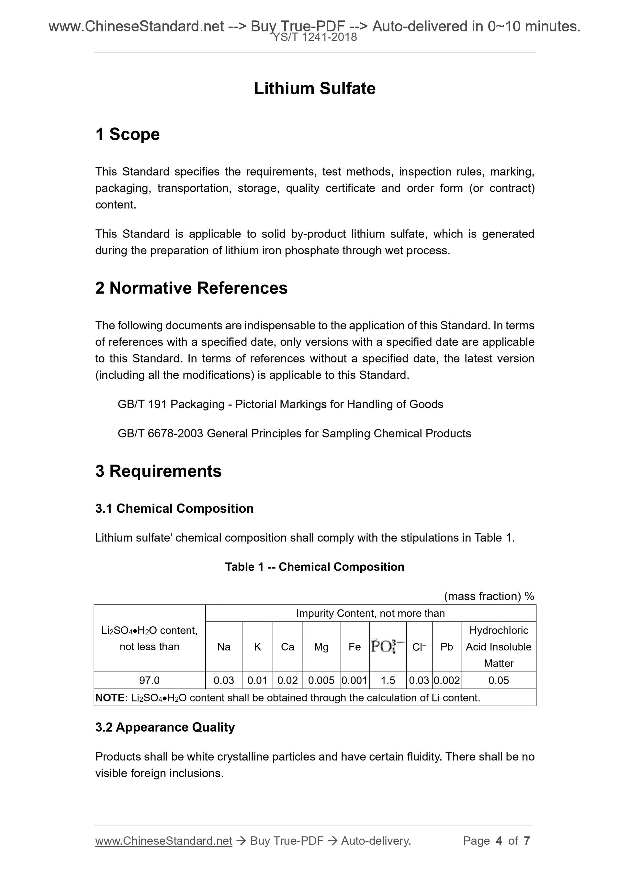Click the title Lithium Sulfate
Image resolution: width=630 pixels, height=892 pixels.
[314, 88]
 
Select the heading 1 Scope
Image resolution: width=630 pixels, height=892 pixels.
[127, 134]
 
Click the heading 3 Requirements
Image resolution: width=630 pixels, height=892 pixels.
[158, 471]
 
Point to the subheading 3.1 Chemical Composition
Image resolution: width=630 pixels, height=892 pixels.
[174, 509]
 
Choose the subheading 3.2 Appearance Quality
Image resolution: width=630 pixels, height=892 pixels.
[165, 727]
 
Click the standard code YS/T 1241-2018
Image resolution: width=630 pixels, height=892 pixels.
[315, 37]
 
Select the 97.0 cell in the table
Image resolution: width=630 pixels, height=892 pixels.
[150, 680]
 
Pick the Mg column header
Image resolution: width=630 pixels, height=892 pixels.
[321, 647]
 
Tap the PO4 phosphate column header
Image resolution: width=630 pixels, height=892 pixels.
[388, 646]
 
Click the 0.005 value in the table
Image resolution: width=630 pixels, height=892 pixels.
[321, 680]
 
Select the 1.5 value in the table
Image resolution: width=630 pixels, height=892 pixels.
[388, 680]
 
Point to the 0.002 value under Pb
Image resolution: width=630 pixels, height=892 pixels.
[447, 680]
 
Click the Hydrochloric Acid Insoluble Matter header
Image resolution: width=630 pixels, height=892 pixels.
[499, 647]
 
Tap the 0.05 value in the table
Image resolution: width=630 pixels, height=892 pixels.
[499, 680]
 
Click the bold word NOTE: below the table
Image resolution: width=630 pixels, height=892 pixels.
[111, 698]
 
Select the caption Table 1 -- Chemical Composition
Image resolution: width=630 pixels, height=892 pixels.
[314, 567]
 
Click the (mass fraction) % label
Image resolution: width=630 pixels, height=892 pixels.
[489, 597]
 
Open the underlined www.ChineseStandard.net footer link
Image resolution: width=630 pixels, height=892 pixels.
[163, 841]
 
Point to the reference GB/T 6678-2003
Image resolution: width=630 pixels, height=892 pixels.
[160, 434]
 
